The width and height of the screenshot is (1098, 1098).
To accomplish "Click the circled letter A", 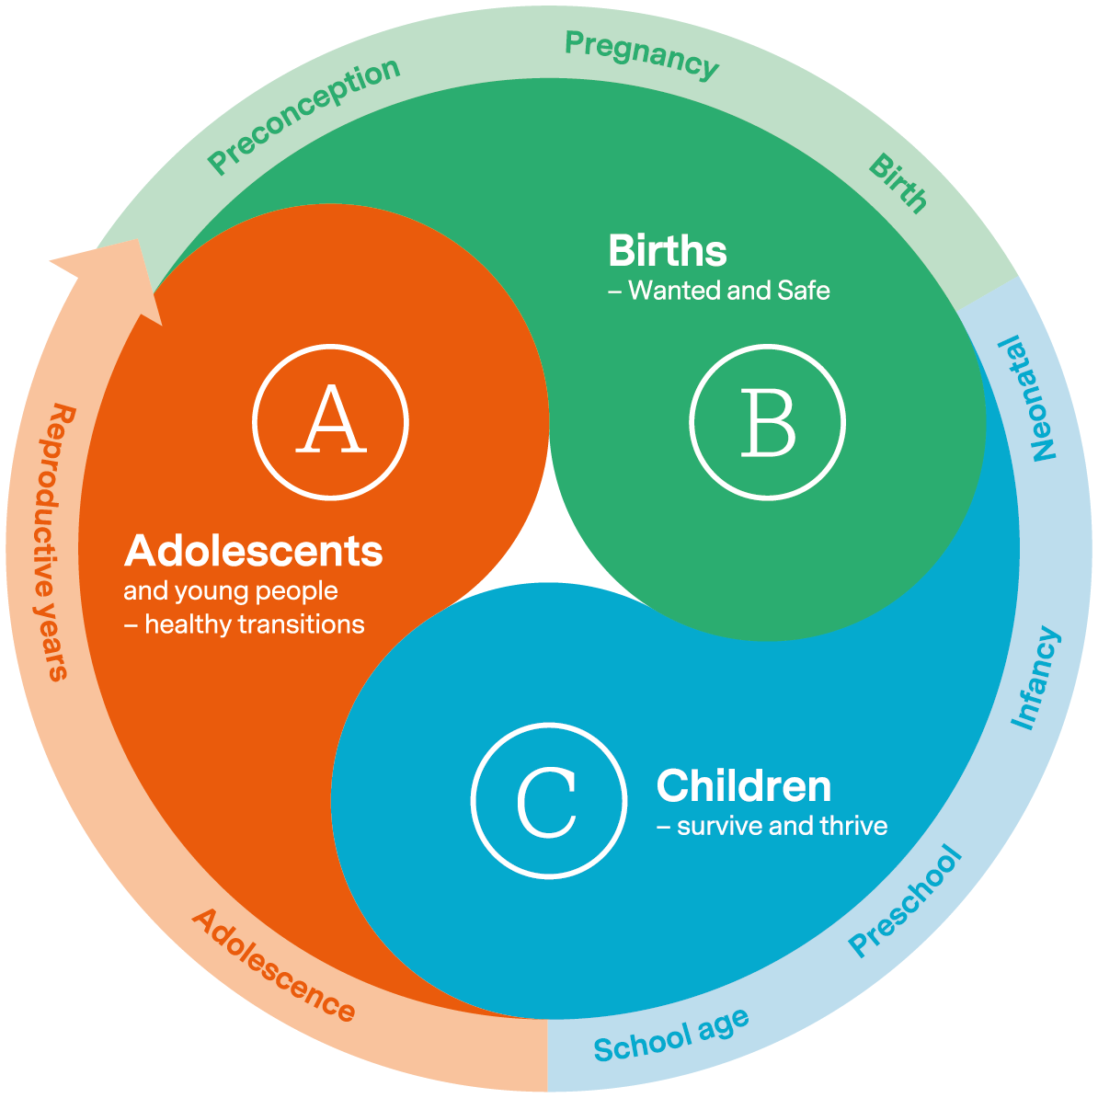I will pos(330,422).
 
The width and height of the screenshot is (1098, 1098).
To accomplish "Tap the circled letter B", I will pos(767,422).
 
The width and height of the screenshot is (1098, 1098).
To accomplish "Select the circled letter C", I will pos(548,801).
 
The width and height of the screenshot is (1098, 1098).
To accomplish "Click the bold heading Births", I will pos(668,251).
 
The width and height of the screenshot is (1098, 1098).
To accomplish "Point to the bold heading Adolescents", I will pos(254,551).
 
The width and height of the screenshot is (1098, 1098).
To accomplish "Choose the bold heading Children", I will pos(744,786).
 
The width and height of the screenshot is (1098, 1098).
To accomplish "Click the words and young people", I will pos(231,590).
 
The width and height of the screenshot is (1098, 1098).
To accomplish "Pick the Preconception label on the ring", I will pos(303,115).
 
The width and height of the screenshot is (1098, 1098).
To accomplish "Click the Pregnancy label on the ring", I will pos(641,55).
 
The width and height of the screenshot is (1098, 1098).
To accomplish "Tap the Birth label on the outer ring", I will pos(898,184).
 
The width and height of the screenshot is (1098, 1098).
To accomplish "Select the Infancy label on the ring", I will pos(1035,679).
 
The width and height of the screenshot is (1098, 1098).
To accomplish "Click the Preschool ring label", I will pos(906,901).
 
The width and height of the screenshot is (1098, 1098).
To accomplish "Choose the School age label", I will pos(671,1035).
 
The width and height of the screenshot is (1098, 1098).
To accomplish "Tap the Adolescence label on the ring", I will pos(273,966).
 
